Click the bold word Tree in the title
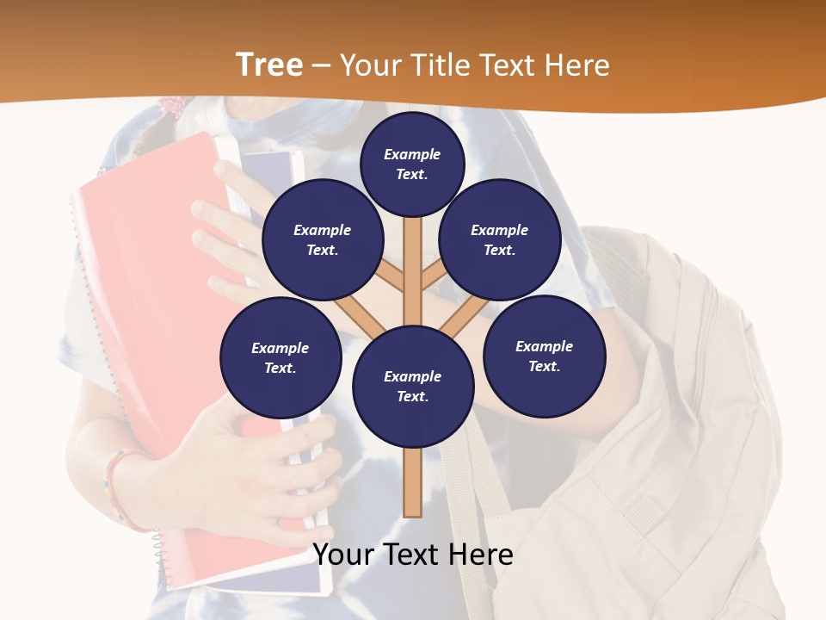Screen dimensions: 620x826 tap(269, 65)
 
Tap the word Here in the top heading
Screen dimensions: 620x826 tap(577, 65)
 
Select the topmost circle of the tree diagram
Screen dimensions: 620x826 tap(412, 164)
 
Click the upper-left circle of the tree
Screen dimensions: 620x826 tap(323, 239)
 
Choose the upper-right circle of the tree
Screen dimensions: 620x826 tap(500, 239)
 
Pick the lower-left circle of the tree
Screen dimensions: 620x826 tap(280, 357)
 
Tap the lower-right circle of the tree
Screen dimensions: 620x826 tap(545, 356)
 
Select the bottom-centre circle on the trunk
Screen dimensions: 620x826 tap(413, 387)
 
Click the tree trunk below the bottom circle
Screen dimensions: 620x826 tap(413, 482)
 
